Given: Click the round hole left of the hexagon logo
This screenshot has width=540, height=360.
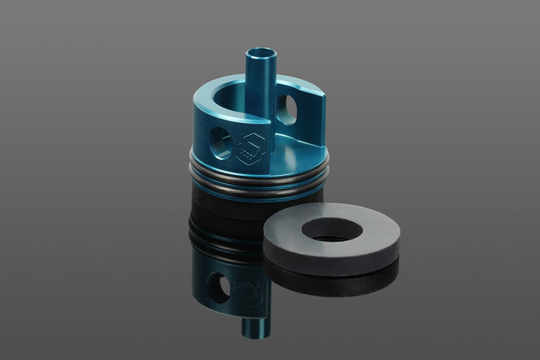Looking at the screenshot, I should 219,142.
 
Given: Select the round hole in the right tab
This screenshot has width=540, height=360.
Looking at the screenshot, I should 288,111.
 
